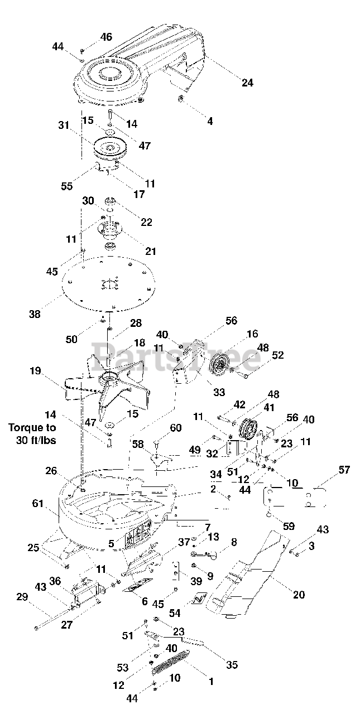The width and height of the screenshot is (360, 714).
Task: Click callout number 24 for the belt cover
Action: [247, 83]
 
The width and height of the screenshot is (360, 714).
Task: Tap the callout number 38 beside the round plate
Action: [35, 314]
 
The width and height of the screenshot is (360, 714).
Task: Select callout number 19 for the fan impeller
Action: [35, 370]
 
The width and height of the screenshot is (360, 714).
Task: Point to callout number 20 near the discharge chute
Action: [299, 595]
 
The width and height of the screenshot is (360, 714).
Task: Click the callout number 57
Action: [344, 470]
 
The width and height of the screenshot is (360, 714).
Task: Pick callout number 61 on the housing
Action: [37, 504]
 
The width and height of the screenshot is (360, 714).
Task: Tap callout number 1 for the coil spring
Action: [211, 681]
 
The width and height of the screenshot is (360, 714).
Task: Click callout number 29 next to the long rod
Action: [22, 597]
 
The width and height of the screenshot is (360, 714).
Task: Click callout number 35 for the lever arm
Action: [232, 664]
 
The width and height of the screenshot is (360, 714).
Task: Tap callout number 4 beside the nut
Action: [210, 120]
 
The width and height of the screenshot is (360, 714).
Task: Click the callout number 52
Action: [277, 355]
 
